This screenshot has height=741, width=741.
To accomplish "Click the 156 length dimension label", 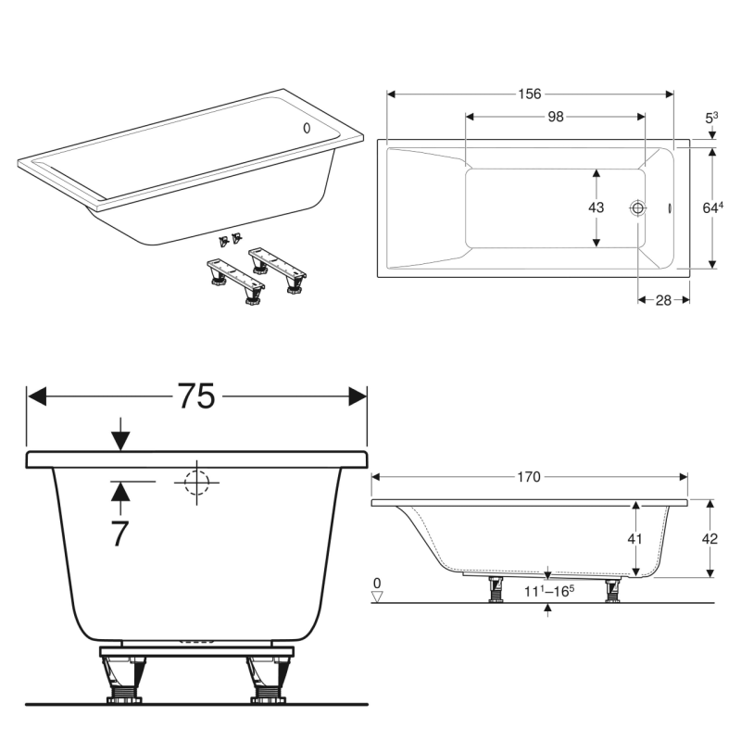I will [529, 94].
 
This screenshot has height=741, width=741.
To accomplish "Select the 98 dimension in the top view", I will [555, 116].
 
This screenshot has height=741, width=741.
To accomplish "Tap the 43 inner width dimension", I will [596, 208].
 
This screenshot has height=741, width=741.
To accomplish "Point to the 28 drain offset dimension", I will [664, 300].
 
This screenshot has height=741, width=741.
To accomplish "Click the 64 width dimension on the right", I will [711, 208].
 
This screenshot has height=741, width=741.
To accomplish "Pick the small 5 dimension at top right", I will [711, 118].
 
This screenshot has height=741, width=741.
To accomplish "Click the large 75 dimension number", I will [196, 396].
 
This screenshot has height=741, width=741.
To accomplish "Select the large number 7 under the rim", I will [119, 534].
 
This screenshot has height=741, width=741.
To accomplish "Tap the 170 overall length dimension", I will [528, 477].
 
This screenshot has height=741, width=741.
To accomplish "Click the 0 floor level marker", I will [377, 584].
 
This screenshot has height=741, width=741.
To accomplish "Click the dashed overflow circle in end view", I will [196, 482].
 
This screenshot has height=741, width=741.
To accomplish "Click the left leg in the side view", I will [496, 589].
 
